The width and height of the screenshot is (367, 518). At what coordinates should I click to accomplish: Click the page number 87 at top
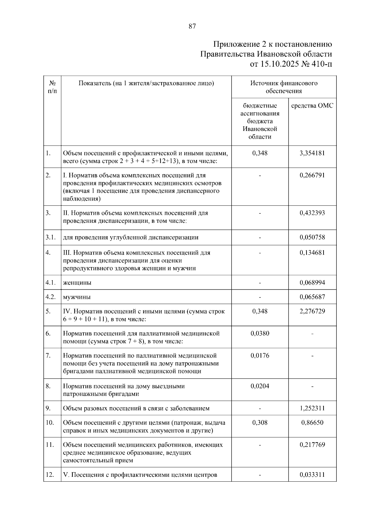[192, 26]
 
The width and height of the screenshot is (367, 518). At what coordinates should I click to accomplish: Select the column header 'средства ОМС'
[312, 106]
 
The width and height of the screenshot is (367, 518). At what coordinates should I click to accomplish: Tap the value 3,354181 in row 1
[312, 153]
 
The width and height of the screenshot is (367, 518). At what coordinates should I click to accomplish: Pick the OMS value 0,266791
[312, 176]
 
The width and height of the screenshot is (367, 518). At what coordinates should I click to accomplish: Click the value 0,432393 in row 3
[312, 213]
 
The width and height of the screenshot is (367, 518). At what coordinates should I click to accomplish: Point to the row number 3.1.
[50, 237]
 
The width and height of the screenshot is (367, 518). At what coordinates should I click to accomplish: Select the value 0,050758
[312, 237]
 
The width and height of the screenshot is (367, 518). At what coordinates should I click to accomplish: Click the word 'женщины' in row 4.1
[77, 283]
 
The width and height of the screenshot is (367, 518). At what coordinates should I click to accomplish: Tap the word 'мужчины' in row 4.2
[77, 297]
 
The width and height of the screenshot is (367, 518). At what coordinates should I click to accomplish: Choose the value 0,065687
[312, 297]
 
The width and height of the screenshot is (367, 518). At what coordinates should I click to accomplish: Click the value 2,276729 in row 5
[312, 311]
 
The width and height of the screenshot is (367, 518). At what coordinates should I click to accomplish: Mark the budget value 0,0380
[260, 333]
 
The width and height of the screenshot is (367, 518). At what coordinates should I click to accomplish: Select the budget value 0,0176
[260, 356]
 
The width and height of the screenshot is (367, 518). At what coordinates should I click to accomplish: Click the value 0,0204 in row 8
[260, 386]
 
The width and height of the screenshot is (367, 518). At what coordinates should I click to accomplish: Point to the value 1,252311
[312, 408]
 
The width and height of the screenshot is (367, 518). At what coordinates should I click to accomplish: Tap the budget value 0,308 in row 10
[260, 423]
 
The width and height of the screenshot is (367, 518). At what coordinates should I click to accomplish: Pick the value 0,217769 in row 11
[312, 445]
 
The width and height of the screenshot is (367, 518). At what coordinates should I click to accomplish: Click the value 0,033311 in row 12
[312, 475]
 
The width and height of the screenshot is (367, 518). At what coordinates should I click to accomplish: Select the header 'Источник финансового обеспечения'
[284, 87]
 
